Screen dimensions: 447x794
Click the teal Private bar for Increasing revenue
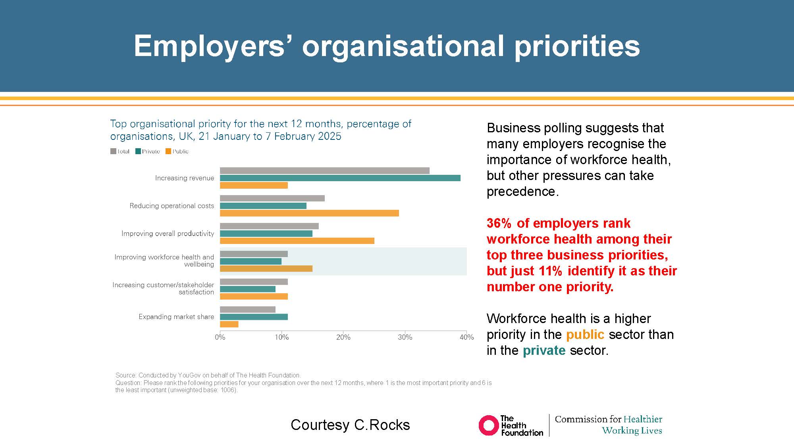[x=340, y=178]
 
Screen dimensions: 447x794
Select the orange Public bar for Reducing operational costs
[x=309, y=213]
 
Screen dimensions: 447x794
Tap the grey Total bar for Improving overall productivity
[x=269, y=226]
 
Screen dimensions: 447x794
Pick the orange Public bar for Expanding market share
[x=229, y=324]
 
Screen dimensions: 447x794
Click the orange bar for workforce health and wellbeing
[x=266, y=269]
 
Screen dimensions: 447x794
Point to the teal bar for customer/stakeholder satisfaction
[x=247, y=289]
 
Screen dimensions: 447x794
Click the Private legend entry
[x=148, y=151]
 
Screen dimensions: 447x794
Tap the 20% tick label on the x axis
[x=343, y=337]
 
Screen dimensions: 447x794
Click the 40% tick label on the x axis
[x=466, y=337]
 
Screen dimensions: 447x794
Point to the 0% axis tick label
[x=220, y=337]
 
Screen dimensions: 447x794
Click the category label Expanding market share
[x=176, y=317]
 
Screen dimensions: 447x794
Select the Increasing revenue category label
[x=184, y=178]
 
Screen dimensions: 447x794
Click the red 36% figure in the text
[x=499, y=223]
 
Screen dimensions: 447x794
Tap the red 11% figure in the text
[x=550, y=271]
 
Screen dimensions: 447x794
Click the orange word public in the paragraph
[x=585, y=335]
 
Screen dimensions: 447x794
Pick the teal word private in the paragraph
[x=544, y=350]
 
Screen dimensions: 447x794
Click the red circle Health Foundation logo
[x=489, y=426]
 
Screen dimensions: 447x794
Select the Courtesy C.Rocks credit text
[x=350, y=425]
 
